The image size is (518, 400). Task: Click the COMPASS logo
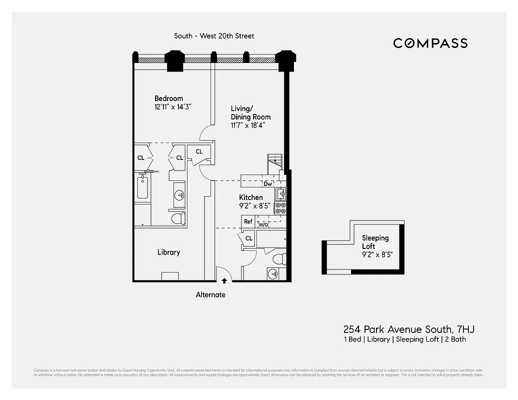pyautogui.click(x=430, y=43)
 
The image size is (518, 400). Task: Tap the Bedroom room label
pyautogui.click(x=168, y=98)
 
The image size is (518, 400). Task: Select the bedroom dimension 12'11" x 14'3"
pyautogui.click(x=173, y=107)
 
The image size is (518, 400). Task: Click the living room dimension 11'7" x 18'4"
pyautogui.click(x=247, y=125)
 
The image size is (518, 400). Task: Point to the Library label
pyautogui.click(x=168, y=252)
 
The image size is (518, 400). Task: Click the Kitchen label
pyautogui.click(x=250, y=197)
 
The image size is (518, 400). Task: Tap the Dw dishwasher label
pyautogui.click(x=268, y=183)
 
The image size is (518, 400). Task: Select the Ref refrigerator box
pyautogui.click(x=248, y=221)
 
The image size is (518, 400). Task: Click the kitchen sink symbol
pyautogui.click(x=280, y=193)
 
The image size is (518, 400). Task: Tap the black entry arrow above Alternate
pyautogui.click(x=224, y=280)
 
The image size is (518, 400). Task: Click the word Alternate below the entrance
pyautogui.click(x=210, y=295)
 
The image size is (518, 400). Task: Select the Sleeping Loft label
pyautogui.click(x=375, y=242)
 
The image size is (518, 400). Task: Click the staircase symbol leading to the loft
pyautogui.click(x=275, y=160)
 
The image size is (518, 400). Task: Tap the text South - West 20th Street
pyautogui.click(x=214, y=36)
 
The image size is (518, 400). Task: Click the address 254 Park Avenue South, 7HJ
pyautogui.click(x=408, y=329)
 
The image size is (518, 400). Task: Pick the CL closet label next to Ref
pyautogui.click(x=248, y=238)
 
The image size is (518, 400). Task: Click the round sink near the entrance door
pyautogui.click(x=272, y=273)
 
